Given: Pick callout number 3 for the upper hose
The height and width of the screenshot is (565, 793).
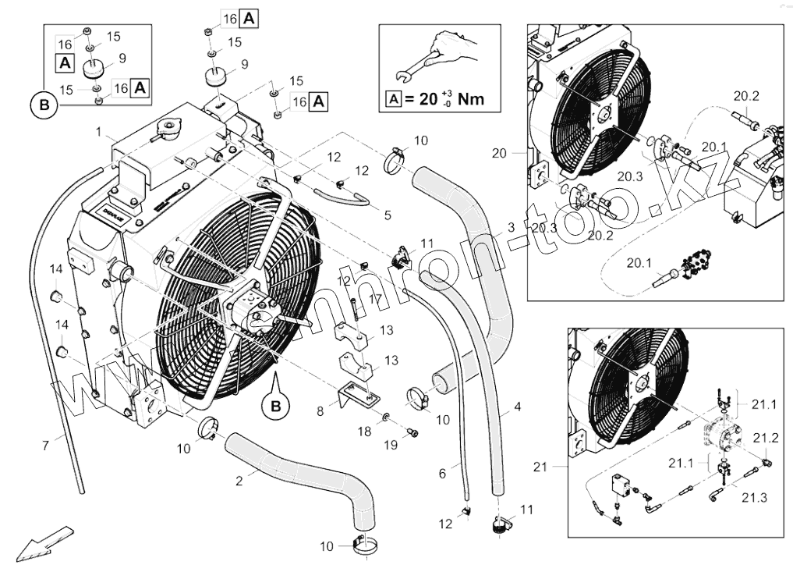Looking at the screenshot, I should click(x=511, y=227).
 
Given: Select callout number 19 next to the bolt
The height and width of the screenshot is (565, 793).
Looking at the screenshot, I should click(x=391, y=444).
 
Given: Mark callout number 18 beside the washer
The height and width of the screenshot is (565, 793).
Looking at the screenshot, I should click(x=364, y=431).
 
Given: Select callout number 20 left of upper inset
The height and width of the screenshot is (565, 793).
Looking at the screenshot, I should click(x=500, y=153).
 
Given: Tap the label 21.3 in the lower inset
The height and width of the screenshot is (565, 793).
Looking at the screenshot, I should click(x=753, y=497).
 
